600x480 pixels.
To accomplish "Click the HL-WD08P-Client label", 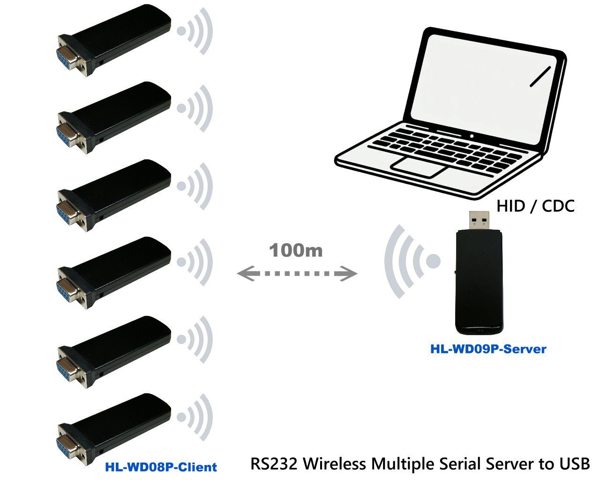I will pyautogui.click(x=161, y=467).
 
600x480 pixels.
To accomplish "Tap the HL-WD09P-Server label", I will pyautogui.click(x=488, y=349).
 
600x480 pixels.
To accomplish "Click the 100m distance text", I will pyautogui.click(x=296, y=250).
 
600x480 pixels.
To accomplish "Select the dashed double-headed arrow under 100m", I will pyautogui.click(x=297, y=273).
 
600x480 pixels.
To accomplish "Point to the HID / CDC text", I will pyautogui.click(x=535, y=206).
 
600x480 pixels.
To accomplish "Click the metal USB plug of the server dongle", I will pyautogui.click(x=480, y=220).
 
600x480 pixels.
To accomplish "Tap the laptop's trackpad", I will pyautogui.click(x=419, y=166).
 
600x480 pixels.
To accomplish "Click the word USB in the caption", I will pyautogui.click(x=574, y=464).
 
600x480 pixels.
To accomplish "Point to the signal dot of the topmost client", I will pyautogui.click(x=181, y=31).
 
